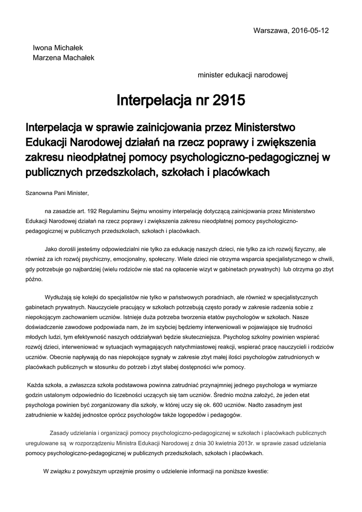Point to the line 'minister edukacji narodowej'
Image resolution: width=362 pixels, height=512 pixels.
click(243, 75)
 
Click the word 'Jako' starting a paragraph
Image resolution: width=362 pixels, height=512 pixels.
click(51, 249)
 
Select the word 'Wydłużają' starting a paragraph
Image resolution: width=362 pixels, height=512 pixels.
click(59, 297)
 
